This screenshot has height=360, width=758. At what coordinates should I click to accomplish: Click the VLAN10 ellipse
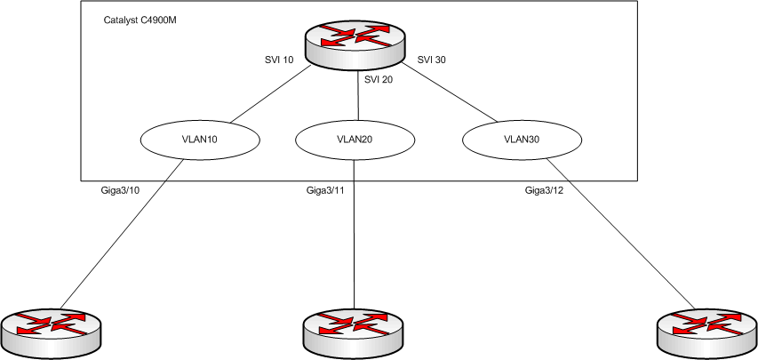[x=199, y=140]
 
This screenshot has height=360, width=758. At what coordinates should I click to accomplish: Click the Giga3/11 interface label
[x=325, y=190]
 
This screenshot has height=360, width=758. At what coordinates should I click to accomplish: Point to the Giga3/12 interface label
[x=545, y=190]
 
